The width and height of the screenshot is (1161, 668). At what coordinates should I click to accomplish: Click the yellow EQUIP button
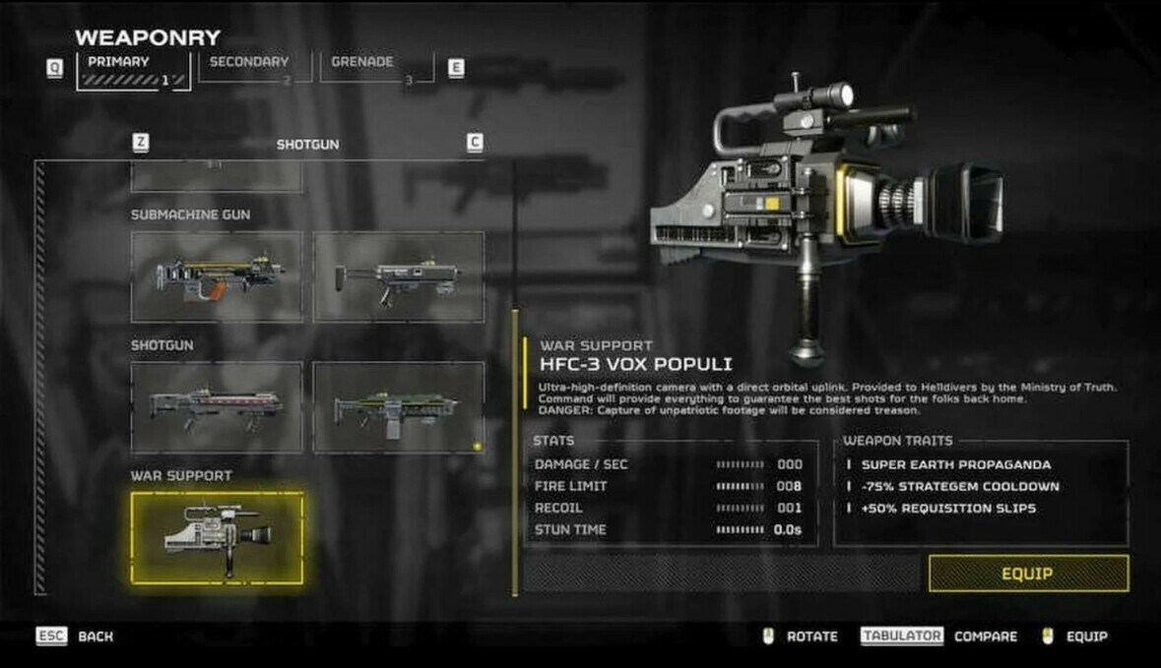click(1028, 574)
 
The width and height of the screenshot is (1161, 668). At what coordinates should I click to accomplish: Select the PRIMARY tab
click(133, 71)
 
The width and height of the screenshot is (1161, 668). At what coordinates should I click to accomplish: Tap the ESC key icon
click(51, 637)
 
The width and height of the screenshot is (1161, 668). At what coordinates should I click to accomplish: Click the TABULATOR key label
click(902, 637)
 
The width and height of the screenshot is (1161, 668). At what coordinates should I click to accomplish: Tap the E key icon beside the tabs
click(456, 68)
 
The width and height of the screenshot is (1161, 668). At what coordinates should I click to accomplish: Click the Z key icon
click(141, 143)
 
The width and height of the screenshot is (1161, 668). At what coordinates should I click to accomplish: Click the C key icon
click(475, 143)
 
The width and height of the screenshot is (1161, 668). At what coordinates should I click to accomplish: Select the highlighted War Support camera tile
click(217, 538)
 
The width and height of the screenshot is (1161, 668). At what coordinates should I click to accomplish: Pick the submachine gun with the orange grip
click(217, 277)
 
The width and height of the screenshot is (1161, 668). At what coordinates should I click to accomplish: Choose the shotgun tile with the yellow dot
click(399, 407)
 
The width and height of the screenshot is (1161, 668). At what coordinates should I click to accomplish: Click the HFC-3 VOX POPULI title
click(635, 364)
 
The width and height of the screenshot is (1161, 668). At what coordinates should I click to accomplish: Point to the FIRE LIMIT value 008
click(790, 486)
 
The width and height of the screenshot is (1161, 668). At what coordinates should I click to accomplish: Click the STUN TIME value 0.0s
click(788, 529)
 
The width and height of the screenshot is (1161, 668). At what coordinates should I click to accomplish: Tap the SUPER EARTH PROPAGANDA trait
click(956, 464)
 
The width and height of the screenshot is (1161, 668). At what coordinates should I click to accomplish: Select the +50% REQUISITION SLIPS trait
click(948, 509)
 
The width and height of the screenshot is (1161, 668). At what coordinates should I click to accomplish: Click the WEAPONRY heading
click(148, 37)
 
